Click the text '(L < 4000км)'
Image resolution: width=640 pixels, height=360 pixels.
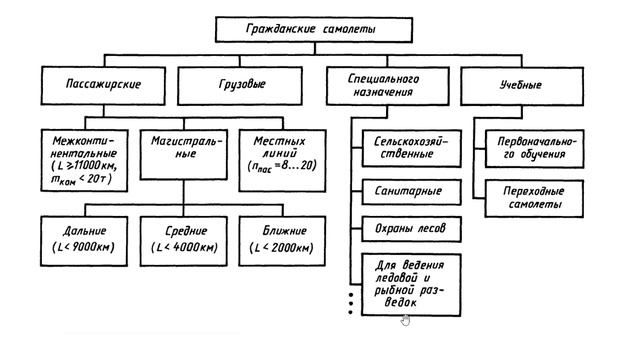(180, 247)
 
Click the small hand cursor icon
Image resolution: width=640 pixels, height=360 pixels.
(405, 320)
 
